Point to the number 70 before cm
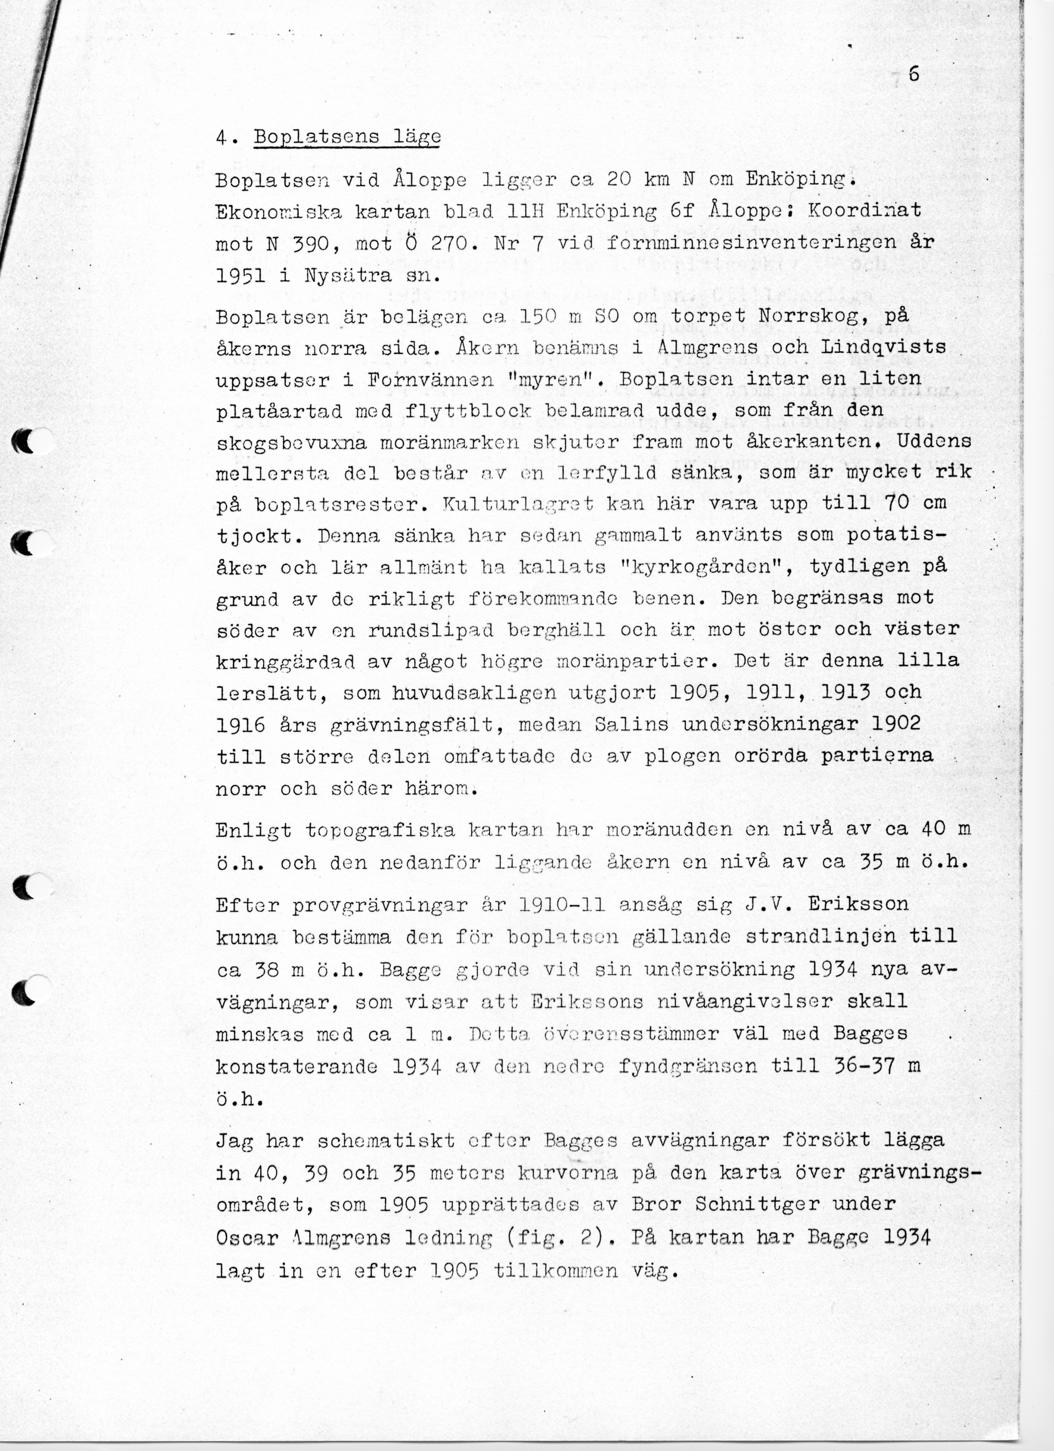point(897,503)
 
